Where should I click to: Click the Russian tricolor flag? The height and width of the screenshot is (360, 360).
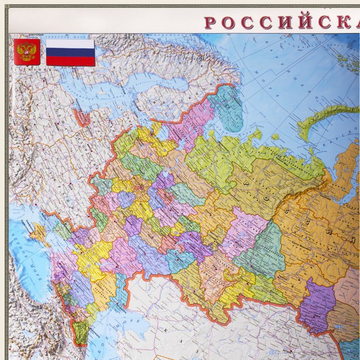click(x=70, y=52)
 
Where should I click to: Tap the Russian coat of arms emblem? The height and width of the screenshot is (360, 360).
click(x=27, y=52)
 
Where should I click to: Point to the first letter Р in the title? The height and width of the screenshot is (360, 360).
click(x=210, y=22)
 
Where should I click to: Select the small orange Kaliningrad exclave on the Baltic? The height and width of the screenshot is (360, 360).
click(x=82, y=117)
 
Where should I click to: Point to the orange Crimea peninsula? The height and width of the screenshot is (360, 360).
click(x=40, y=233)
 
